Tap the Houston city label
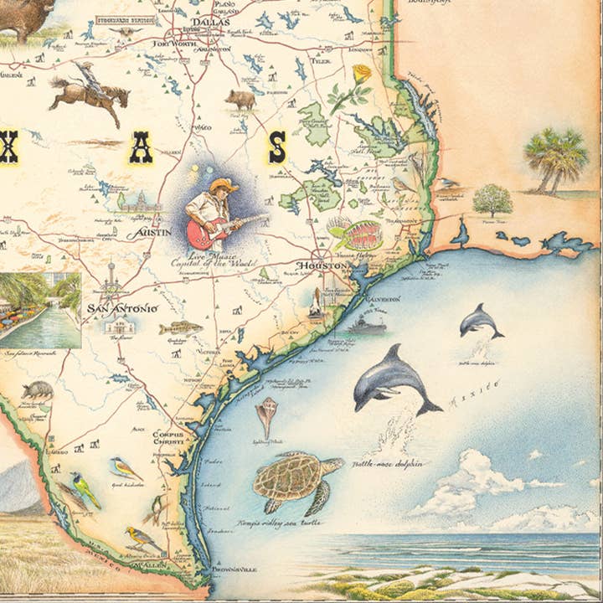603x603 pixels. click(x=321, y=266)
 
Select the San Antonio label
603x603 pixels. click(x=121, y=308)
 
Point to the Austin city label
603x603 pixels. click(x=154, y=232)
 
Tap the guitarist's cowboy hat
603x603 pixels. click(x=223, y=185)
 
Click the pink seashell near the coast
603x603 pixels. click(x=267, y=415)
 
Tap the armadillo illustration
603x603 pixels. click(x=37, y=389)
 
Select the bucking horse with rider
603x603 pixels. click(x=88, y=90)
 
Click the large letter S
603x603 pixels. click(x=276, y=147)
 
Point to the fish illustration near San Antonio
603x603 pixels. click(x=180, y=327)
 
